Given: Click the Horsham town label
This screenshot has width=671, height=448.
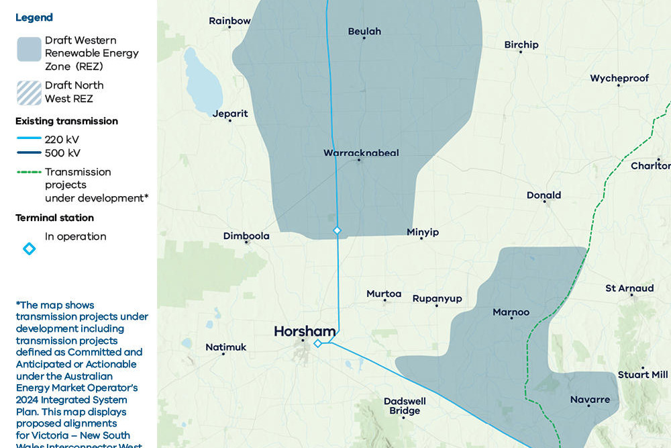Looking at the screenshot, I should click(304, 331).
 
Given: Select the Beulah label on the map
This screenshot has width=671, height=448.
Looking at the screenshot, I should click(364, 31).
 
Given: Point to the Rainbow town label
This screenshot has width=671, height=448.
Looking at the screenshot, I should click(229, 21).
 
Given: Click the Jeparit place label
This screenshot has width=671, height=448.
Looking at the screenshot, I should click(230, 114).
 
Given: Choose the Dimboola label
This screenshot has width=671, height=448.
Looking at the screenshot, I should click(246, 236).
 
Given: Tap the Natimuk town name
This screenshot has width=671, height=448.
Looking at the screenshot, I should click(226, 347).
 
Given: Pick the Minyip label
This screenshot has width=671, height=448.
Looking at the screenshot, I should click(423, 232).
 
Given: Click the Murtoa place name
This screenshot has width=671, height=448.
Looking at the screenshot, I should click(384, 294).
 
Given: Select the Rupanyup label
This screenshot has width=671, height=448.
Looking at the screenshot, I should click(437, 298).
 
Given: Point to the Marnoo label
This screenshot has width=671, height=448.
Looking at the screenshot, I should click(511, 312).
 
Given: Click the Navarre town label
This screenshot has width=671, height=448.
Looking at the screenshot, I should click(590, 399).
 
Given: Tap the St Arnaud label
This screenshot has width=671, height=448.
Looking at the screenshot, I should click(629, 288).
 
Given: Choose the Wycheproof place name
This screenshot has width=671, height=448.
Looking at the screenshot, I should click(619, 78).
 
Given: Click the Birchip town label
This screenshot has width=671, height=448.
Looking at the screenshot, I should click(521, 44).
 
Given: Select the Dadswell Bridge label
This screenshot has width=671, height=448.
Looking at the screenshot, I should click(405, 406).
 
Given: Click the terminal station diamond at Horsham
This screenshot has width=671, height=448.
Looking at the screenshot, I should click(318, 343).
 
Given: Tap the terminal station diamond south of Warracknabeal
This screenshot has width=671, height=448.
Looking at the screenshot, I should click(338, 230).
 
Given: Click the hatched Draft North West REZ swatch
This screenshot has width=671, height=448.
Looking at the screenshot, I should click(29, 93).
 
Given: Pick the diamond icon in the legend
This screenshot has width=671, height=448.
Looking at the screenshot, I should click(29, 249).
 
